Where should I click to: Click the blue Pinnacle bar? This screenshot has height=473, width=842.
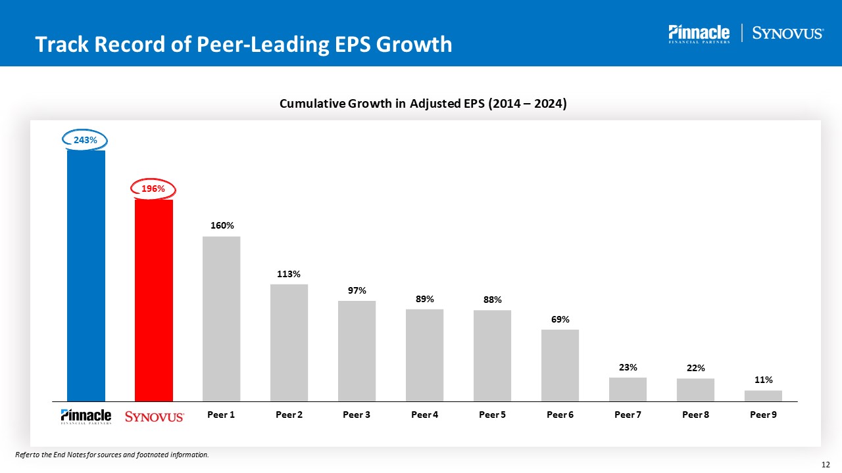click(x=86, y=276)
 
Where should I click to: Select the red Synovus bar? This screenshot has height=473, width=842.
click(x=154, y=300)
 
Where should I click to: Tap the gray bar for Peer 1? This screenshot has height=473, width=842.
click(x=222, y=319)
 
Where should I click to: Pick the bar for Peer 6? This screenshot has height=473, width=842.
click(x=560, y=365)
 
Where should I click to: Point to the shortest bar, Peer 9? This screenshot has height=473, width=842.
click(x=763, y=395)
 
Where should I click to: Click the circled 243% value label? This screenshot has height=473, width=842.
click(x=85, y=140)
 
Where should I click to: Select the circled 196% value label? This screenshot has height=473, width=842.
click(x=153, y=189)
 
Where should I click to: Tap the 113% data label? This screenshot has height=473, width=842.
click(x=289, y=274)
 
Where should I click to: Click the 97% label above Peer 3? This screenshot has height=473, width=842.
click(x=357, y=290)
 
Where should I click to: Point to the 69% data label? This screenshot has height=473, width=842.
click(x=560, y=319)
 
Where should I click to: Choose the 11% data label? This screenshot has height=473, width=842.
click(x=764, y=380)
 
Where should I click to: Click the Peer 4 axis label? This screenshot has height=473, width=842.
click(x=424, y=415)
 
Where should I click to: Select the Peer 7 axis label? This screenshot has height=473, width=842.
click(x=628, y=415)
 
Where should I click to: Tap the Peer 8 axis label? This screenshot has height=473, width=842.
click(x=695, y=415)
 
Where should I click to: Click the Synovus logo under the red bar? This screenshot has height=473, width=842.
click(x=155, y=417)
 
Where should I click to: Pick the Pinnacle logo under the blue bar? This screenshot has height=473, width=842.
click(x=86, y=417)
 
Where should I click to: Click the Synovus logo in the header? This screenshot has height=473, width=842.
click(x=787, y=34)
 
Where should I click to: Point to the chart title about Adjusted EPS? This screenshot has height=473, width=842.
click(x=423, y=104)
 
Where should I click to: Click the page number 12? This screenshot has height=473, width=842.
click(x=827, y=464)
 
